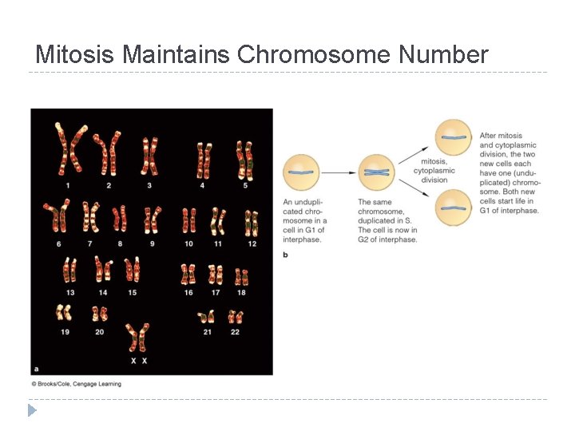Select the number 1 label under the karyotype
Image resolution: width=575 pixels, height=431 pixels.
[x=68, y=185]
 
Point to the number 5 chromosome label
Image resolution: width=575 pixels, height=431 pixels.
[x=245, y=185]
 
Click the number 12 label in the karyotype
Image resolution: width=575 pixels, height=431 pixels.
[x=252, y=243]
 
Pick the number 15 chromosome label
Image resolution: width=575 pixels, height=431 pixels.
[x=132, y=292]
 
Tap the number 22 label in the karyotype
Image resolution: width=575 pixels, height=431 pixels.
[x=235, y=331]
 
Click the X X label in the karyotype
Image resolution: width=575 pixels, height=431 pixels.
[x=138, y=361]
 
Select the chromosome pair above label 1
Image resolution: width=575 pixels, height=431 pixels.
[x=69, y=148]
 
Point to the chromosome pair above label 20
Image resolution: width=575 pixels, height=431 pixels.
[x=100, y=311]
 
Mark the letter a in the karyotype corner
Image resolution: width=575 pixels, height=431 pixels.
[x=35, y=369]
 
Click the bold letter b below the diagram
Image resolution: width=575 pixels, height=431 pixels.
[x=286, y=255]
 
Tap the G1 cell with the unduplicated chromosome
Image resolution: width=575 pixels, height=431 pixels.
[x=301, y=172]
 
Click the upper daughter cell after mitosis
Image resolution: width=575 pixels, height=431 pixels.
[x=453, y=137]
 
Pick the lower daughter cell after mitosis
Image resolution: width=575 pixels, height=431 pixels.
[x=453, y=208]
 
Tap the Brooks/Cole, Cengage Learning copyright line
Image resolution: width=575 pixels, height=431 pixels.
[x=76, y=384]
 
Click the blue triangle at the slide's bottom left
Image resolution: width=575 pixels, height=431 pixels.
[x=32, y=410]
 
